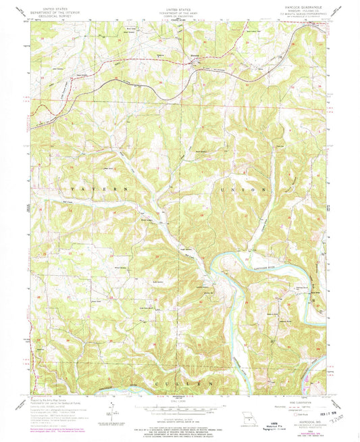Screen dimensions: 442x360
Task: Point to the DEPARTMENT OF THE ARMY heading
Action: point(180,11)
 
